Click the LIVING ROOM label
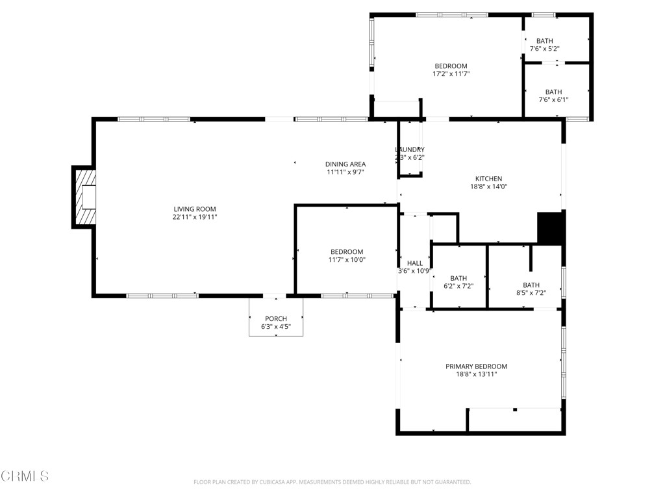click(x=195, y=209)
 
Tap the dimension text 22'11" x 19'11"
click(x=195, y=217)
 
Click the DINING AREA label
click(x=345, y=164)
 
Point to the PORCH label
click(x=275, y=318)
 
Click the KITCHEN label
click(x=488, y=179)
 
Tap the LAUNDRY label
click(x=410, y=149)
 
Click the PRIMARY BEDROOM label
click(x=476, y=366)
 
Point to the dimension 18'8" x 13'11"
click(x=476, y=374)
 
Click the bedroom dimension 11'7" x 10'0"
click(x=346, y=259)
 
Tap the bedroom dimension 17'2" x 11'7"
click(x=451, y=74)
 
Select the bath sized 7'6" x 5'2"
click(x=545, y=45)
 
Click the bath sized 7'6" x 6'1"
click(x=553, y=96)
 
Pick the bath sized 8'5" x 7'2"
click(x=531, y=289)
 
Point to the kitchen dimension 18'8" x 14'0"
click(x=488, y=186)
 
